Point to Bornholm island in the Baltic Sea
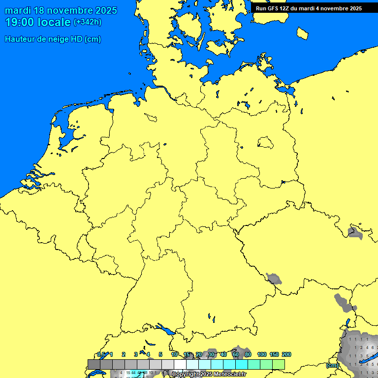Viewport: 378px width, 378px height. click(303, 33)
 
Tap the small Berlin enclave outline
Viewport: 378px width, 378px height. click(265, 143)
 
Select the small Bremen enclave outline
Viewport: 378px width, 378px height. click(151, 117)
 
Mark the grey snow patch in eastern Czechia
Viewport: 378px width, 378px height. click(354, 233)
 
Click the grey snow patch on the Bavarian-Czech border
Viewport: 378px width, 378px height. click(274, 279)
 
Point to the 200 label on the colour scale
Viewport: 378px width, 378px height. click(286, 354)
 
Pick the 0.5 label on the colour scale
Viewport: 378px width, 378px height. click(101, 354)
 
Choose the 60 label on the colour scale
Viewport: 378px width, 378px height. click(235, 354)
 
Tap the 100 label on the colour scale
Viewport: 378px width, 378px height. click(262, 354)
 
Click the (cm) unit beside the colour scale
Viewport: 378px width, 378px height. click(332, 365)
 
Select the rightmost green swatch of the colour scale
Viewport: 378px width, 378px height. click(279, 364)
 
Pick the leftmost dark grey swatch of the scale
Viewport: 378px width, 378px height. click(94, 364)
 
